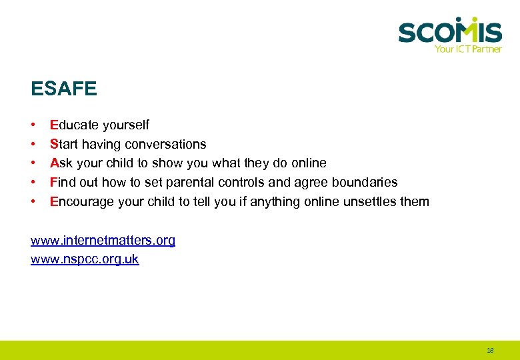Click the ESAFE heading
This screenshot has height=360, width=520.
point(63,88)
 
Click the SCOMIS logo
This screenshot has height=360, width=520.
point(450,31)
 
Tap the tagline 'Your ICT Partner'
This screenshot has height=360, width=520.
point(467,49)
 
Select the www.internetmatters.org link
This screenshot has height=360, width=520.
point(103,240)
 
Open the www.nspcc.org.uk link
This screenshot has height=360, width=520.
point(85,259)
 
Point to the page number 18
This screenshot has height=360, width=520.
point(491,350)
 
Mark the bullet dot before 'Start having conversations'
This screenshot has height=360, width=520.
point(33,144)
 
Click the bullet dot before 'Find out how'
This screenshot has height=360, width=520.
point(33,182)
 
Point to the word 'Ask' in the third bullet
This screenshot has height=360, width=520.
point(61,163)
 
